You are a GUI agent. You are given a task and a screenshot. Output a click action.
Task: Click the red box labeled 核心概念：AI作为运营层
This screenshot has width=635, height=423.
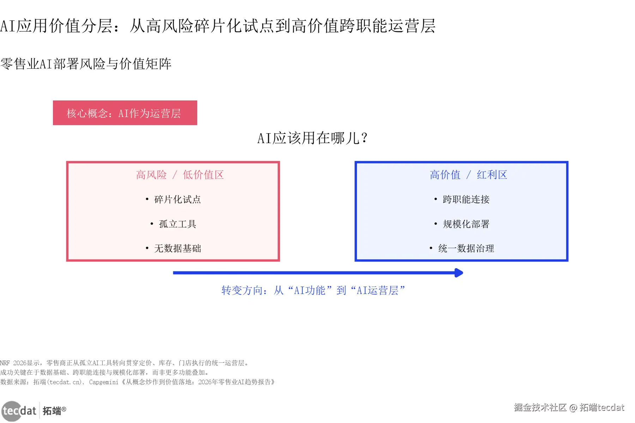pyautogui.click(x=125, y=113)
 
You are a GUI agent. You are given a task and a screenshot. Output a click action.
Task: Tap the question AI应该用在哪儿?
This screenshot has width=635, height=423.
pyautogui.click(x=312, y=138)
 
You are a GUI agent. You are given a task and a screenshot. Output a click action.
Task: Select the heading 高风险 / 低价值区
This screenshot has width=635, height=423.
pyautogui.click(x=180, y=175)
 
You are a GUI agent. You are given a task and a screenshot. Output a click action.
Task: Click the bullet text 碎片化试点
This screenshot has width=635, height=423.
pyautogui.click(x=177, y=200)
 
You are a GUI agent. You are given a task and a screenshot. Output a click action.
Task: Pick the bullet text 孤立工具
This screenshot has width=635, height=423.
pyautogui.click(x=177, y=224)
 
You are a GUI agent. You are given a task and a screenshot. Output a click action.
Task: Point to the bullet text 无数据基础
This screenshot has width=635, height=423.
pyautogui.click(x=177, y=249)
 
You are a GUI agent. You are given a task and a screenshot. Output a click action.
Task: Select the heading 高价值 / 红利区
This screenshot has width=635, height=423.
pyautogui.click(x=468, y=175)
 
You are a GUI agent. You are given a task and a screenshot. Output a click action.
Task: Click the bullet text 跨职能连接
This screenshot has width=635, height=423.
pyautogui.click(x=466, y=200)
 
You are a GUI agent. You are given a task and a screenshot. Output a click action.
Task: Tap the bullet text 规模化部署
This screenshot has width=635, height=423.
pyautogui.click(x=466, y=224)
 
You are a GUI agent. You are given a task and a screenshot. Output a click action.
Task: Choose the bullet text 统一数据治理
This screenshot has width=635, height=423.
pyautogui.click(x=466, y=249)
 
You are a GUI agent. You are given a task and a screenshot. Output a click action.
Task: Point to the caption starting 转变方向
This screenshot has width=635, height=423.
pyautogui.click(x=313, y=290)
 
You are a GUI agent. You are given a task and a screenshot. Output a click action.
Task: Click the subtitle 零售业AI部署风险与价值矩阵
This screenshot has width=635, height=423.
pyautogui.click(x=86, y=64)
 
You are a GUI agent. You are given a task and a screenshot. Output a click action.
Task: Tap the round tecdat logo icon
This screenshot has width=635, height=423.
pyautogui.click(x=12, y=411)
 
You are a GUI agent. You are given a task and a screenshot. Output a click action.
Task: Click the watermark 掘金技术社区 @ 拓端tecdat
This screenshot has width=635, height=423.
pyautogui.click(x=569, y=407)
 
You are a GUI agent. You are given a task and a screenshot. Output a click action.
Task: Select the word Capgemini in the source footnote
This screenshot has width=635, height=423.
pyautogui.click(x=104, y=382)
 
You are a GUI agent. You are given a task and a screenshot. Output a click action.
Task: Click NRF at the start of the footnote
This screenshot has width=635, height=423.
pyautogui.click(x=5, y=363)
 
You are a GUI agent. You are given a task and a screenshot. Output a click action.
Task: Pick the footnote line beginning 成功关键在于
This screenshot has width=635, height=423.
pyautogui.click(x=104, y=373)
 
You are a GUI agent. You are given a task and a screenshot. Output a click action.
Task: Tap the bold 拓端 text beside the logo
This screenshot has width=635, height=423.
pyautogui.click(x=52, y=411)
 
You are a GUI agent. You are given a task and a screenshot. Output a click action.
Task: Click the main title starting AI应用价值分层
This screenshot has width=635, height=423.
pyautogui.click(x=218, y=26)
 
